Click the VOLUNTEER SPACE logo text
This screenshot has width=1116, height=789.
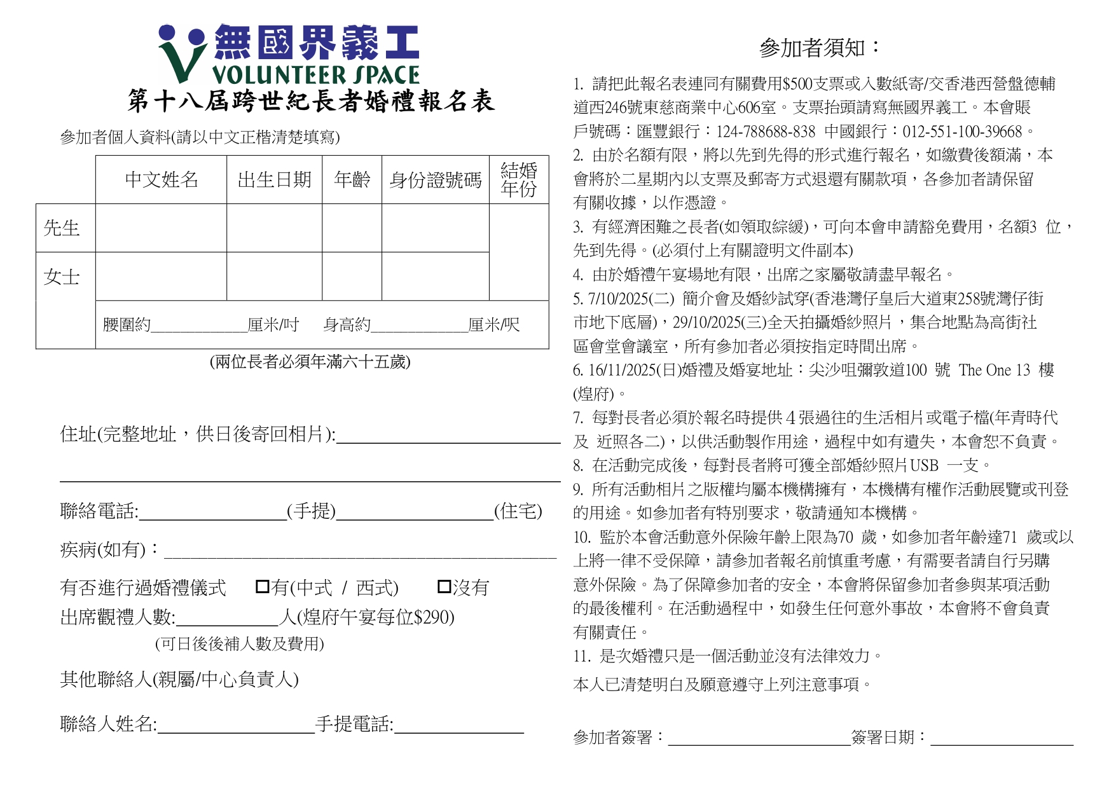click(315, 75)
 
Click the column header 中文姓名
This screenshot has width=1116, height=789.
click(162, 180)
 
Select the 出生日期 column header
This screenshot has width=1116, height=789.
click(274, 180)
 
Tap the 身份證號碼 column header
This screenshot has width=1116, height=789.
click(436, 181)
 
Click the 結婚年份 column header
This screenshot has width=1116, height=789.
click(518, 180)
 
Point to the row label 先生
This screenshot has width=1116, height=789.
click(62, 228)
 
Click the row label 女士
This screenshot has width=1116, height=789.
click(62, 277)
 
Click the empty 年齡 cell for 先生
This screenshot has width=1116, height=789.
click(352, 228)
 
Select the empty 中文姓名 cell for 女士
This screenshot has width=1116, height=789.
click(162, 277)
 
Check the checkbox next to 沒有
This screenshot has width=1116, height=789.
click(444, 586)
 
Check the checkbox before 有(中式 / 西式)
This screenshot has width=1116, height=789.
click(262, 586)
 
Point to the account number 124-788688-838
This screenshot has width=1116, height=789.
click(766, 132)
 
